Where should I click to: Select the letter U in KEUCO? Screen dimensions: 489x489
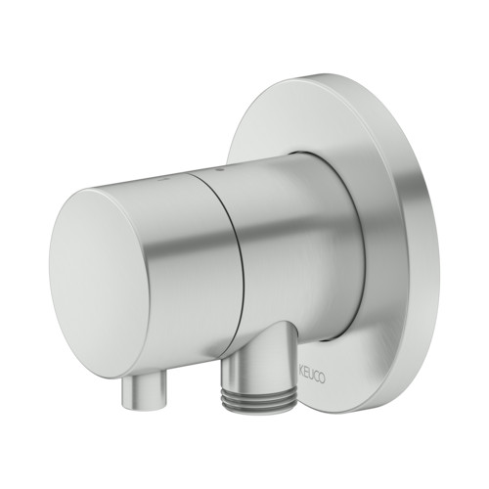point(311,376)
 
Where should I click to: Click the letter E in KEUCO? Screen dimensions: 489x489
point(306,375)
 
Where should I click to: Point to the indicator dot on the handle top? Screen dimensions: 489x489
point(162,180)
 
